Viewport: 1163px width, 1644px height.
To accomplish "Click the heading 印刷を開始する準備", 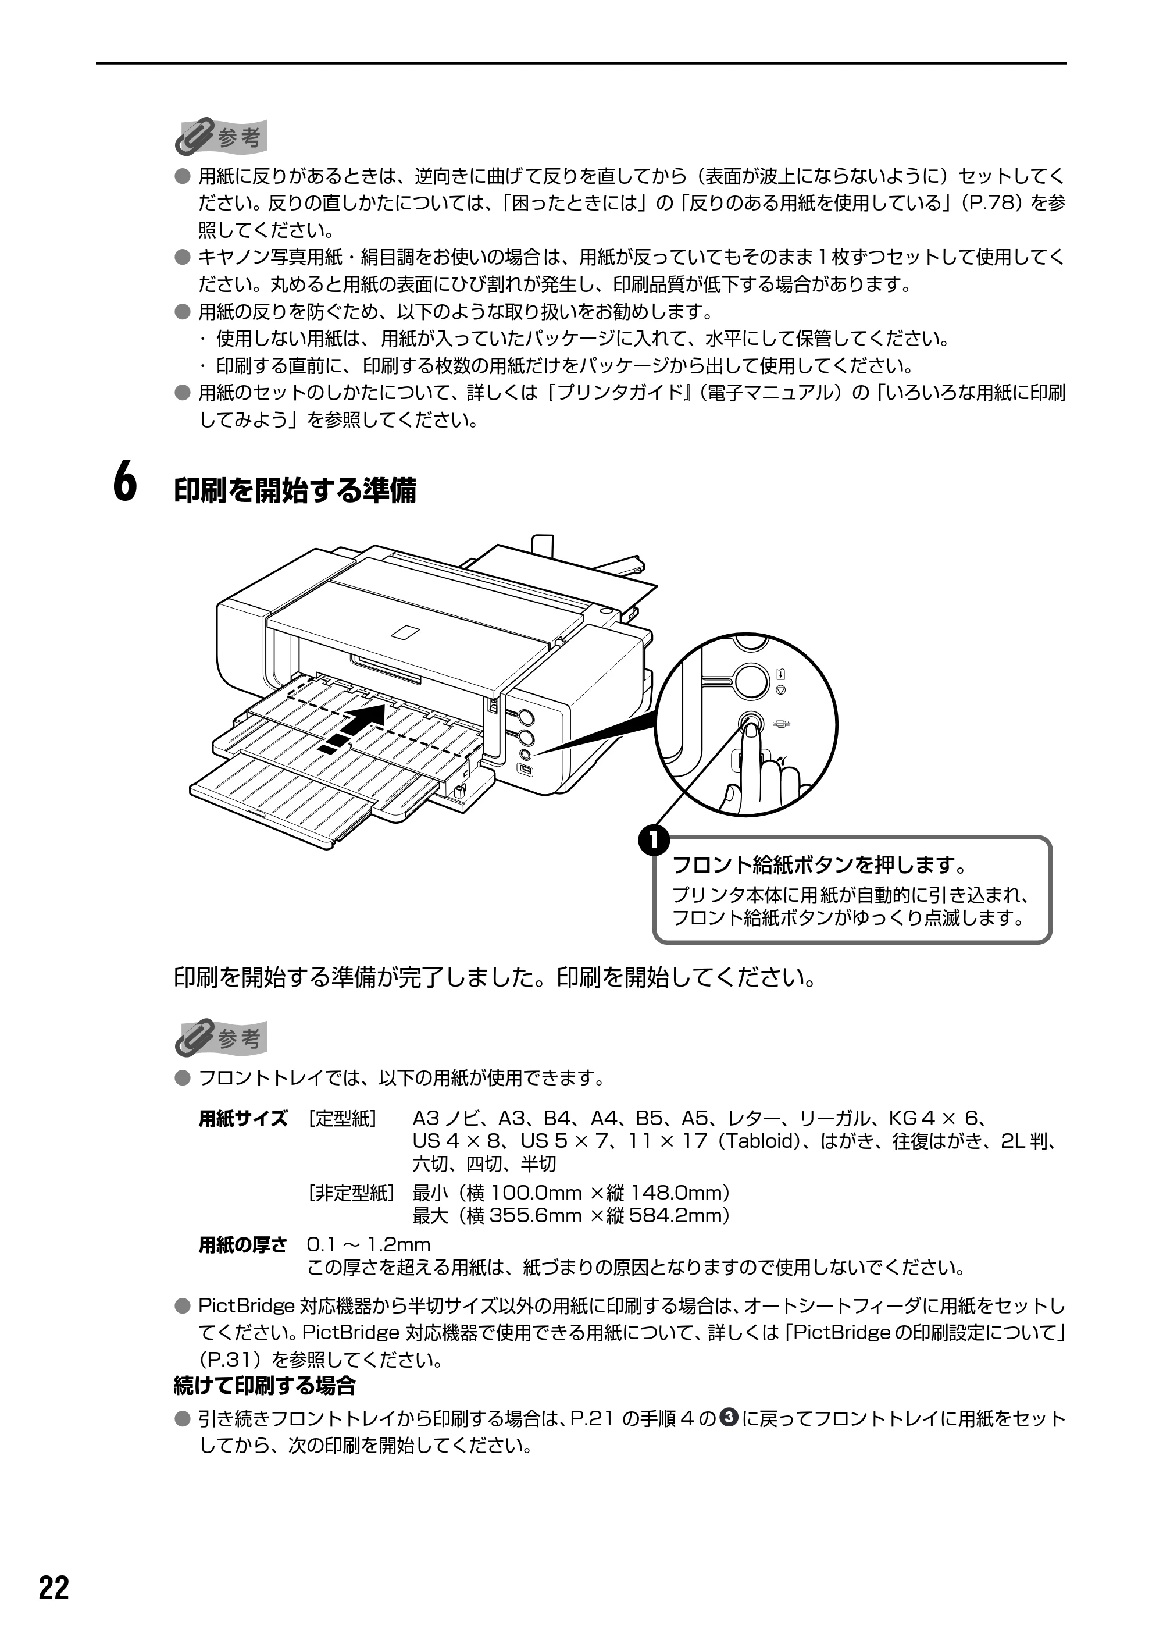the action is pos(295,490).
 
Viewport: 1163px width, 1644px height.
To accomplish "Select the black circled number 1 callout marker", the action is pos(654,839).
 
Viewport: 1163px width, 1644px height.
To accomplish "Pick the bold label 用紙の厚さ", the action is pos(242,1245).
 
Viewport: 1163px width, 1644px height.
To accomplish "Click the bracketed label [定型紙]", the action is pos(343,1118).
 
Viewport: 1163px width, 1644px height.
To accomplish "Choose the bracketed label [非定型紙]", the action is pos(351,1193).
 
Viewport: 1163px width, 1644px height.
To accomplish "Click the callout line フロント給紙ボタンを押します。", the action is pos(820,865).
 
